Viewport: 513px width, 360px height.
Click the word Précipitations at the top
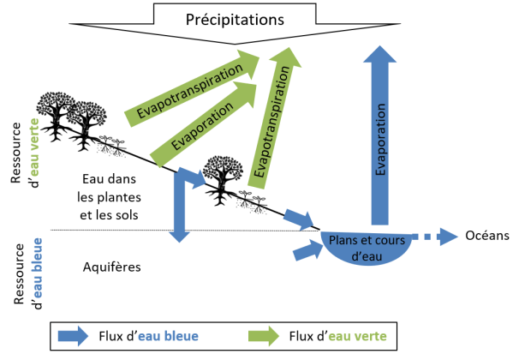tap(235, 20)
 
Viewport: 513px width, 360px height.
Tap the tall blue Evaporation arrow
tap(380, 135)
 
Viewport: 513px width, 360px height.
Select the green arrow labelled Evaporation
tap(203, 124)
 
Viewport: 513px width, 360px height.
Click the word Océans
tap(487, 236)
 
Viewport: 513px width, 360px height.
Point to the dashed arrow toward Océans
tap(434, 237)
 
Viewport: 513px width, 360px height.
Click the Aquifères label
tap(112, 267)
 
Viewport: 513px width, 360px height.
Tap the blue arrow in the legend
tap(73, 336)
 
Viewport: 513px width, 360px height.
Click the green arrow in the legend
tap(264, 336)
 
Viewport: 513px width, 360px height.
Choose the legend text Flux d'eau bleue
tap(148, 336)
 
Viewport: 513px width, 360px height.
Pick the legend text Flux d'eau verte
tap(337, 336)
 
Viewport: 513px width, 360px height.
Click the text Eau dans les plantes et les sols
tap(110, 197)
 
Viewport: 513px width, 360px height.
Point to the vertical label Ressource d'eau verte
tap(25, 153)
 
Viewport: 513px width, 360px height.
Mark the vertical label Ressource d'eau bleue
tap(28, 273)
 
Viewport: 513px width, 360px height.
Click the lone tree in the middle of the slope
tap(223, 180)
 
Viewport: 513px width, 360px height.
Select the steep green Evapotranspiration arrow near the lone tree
tap(273, 117)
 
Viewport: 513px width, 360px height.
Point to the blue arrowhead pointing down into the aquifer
tap(179, 237)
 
